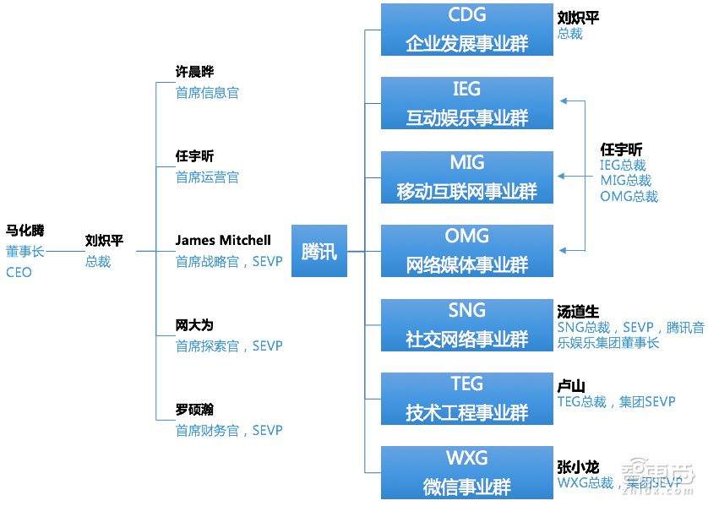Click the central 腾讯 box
coord(319,251)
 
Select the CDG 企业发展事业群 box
coord(466,30)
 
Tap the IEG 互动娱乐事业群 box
coord(466,103)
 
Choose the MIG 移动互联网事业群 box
coord(466,177)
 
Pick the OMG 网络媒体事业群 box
coord(466,251)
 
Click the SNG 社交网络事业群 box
coord(466,324)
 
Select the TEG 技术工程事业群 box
coord(466,398)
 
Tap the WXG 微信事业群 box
coord(466,472)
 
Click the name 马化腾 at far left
coord(25,230)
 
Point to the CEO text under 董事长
coord(19,272)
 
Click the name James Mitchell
coord(223,241)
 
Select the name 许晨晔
coord(194,73)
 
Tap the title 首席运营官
coord(207,177)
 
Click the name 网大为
coord(194,325)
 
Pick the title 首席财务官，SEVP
coord(228,431)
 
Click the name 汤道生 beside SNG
coord(578,311)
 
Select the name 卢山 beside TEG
coord(571,384)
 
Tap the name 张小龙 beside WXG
coord(578,466)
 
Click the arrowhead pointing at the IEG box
coord(563,101)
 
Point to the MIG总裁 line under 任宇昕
coord(625,181)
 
